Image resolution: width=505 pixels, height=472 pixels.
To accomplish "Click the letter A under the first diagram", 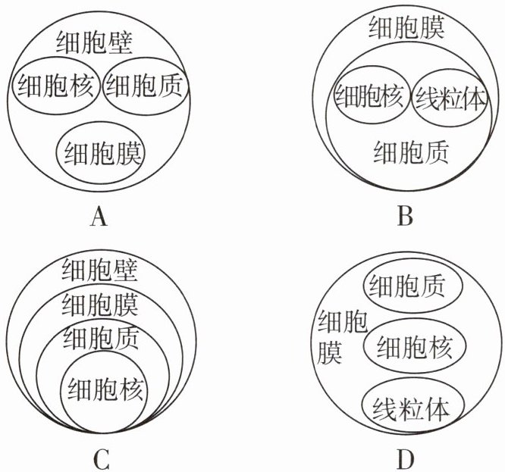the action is tap(99, 218).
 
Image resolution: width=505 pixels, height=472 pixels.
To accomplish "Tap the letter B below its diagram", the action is tap(405, 218).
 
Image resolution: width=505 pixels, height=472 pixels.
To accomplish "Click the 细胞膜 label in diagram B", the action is tap(405, 30).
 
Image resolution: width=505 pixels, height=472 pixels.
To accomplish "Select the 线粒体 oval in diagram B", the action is tap(448, 98).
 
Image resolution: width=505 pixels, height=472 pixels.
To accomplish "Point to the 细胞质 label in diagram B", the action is tap(410, 152).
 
